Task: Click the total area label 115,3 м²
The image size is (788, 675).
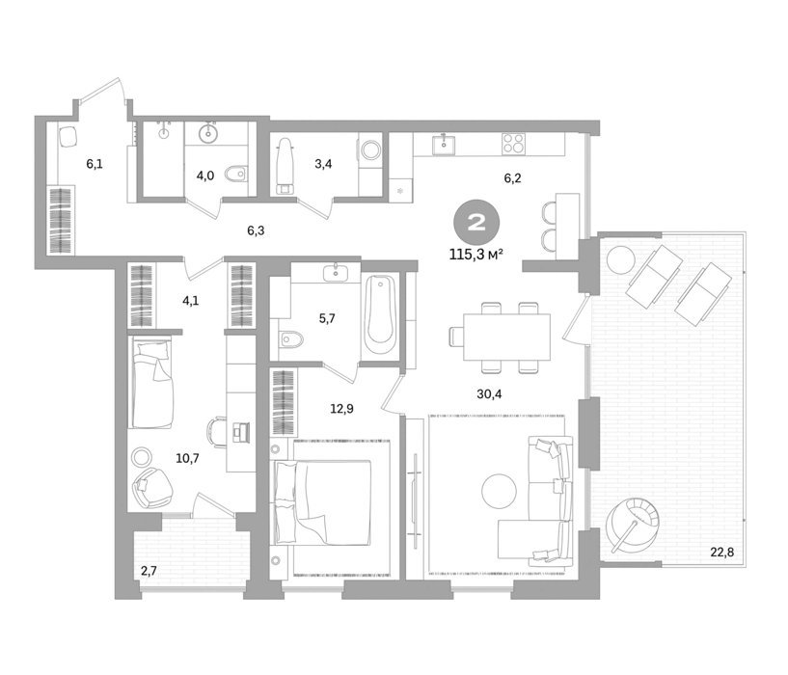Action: tap(476, 255)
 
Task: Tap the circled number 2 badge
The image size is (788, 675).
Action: tap(476, 223)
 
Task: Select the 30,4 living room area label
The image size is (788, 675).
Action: tap(489, 394)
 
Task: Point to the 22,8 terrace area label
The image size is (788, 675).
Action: tap(721, 553)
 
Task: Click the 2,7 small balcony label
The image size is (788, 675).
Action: tap(149, 571)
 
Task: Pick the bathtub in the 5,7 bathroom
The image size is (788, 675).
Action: tap(380, 315)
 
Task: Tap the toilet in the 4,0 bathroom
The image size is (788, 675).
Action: tap(235, 175)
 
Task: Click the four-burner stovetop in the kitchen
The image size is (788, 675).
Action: tap(514, 143)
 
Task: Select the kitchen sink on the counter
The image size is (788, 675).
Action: tap(444, 145)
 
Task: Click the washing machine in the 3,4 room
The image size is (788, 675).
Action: tap(371, 149)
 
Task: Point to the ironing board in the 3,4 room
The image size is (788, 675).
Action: tap(285, 166)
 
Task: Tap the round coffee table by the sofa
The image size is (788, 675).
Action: tap(499, 491)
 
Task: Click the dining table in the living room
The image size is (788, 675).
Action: tap(506, 337)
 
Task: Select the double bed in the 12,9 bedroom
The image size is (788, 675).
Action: tap(323, 502)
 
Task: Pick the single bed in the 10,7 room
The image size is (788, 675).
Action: tap(152, 383)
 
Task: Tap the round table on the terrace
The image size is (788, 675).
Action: tap(620, 259)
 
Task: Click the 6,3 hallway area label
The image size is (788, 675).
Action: tap(256, 230)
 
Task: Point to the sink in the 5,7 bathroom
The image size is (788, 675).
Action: tap(336, 273)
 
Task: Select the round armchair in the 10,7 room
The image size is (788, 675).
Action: tap(152, 487)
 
